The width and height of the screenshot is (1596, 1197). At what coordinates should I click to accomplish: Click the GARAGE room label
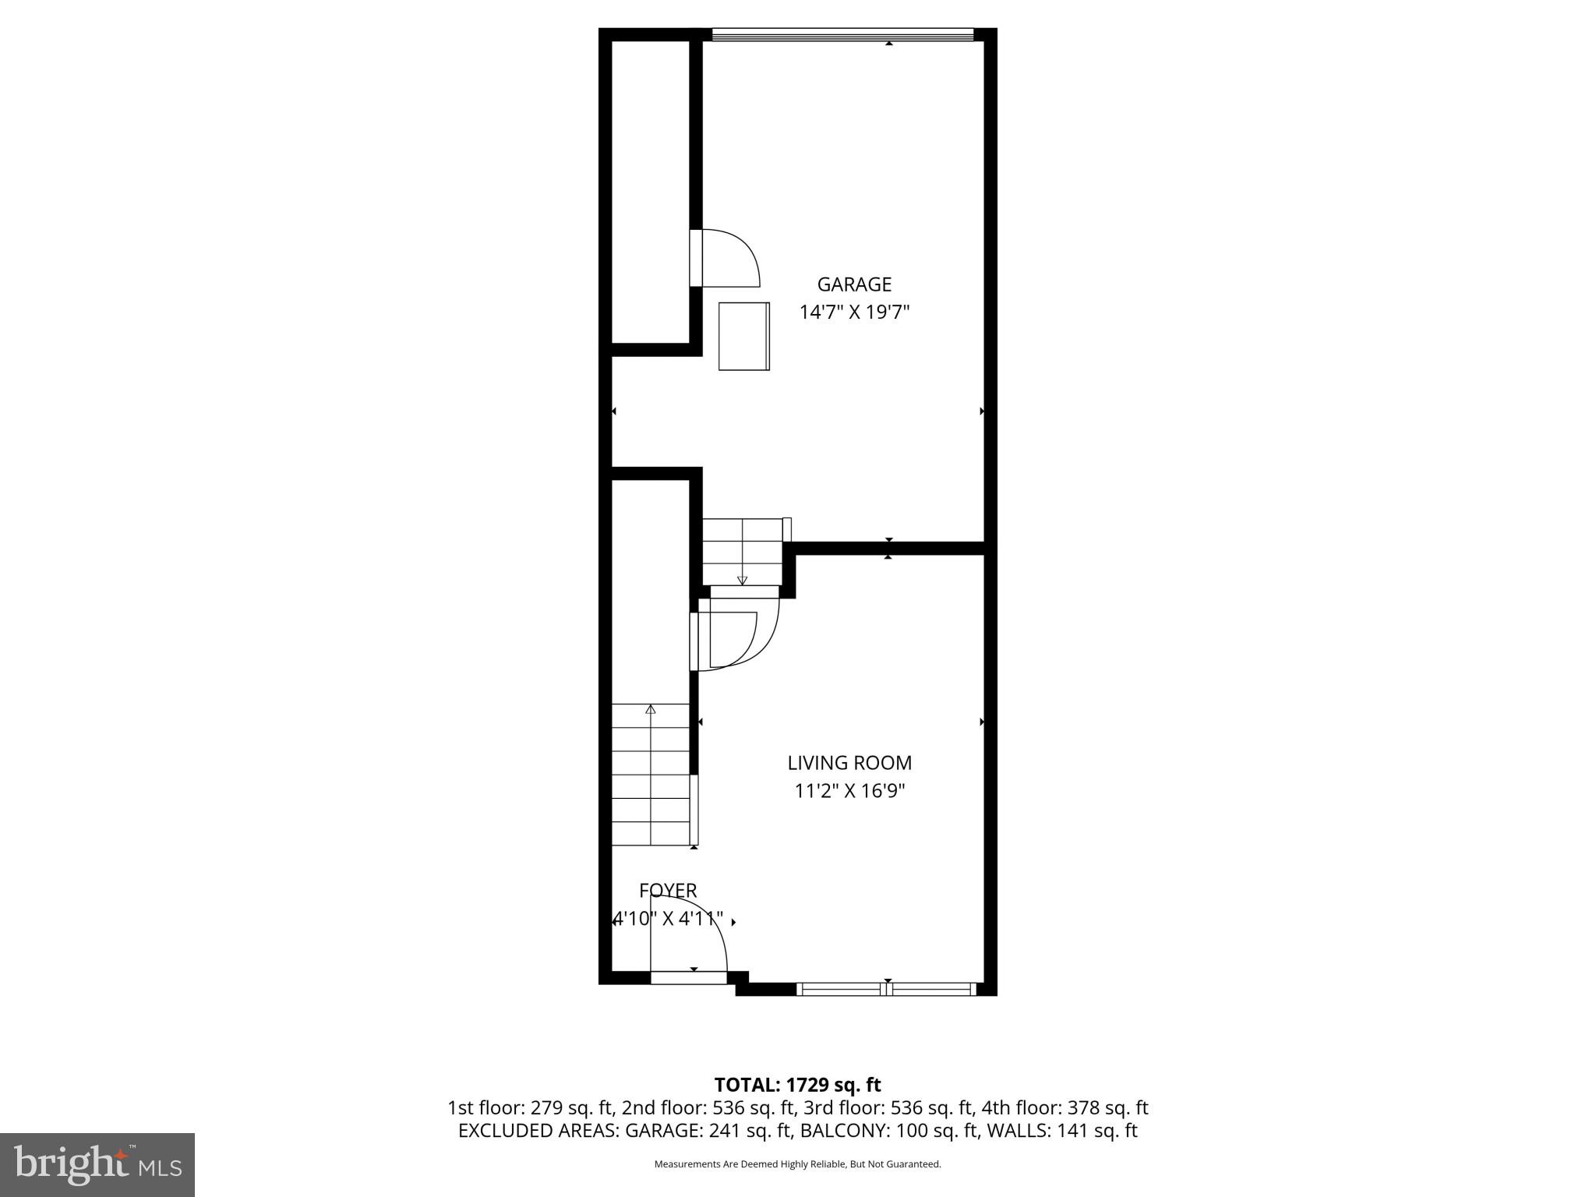[854, 284]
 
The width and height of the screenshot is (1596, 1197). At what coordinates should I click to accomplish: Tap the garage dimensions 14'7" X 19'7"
[854, 312]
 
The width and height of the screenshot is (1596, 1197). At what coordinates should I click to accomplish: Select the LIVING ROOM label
[849, 763]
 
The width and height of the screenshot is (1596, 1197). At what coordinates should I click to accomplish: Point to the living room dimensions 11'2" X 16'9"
[849, 791]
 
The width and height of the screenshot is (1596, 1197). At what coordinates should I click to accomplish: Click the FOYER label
[668, 890]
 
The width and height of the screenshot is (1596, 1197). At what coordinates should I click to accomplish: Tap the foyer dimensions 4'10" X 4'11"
[668, 919]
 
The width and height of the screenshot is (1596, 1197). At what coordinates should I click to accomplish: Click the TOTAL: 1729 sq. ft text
[797, 1085]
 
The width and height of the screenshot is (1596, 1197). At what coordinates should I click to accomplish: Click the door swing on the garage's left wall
[729, 257]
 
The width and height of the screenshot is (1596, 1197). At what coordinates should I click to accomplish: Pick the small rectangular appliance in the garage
[743, 336]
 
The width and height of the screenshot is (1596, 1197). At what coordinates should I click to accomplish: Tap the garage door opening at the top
[842, 34]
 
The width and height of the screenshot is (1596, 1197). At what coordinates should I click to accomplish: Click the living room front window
[887, 989]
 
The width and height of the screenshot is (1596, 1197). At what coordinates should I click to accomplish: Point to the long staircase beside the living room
[651, 775]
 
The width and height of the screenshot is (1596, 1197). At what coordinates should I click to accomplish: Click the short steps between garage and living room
[742, 551]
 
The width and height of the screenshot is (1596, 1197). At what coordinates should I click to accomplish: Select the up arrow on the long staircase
[651, 709]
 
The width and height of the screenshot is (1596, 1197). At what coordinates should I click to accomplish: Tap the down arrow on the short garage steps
[742, 580]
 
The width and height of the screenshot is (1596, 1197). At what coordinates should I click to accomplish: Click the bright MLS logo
[97, 1164]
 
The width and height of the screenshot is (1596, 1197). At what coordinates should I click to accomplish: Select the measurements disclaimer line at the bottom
[797, 1164]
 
